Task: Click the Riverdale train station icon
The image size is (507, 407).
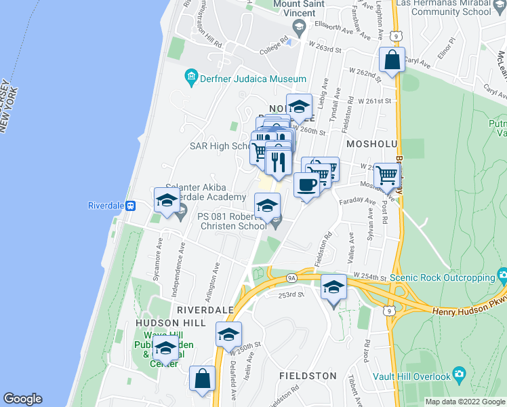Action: tap(131, 206)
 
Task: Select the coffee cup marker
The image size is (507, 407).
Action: tap(306, 185)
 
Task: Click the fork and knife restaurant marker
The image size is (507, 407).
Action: tap(278, 163)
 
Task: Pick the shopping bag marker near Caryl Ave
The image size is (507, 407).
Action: tap(392, 60)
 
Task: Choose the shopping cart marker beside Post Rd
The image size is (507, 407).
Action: tap(386, 176)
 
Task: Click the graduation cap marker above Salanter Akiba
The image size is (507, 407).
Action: tap(167, 200)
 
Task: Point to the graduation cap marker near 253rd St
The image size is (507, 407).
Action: tap(333, 288)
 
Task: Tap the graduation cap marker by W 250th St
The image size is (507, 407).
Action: tap(229, 334)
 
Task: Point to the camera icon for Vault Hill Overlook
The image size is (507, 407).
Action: tap(459, 374)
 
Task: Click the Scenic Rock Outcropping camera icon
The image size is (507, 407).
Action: tap(502, 275)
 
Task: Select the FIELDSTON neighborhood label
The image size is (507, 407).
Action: tap(308, 375)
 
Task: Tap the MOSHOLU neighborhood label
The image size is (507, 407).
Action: tap(371, 144)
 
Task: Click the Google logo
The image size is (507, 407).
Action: tap(22, 399)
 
